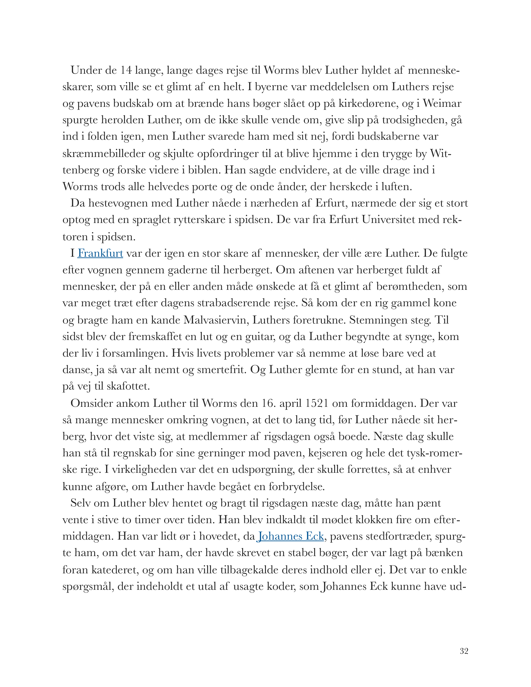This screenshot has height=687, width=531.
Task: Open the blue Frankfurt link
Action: click(100, 253)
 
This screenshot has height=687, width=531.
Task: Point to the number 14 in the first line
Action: click(126, 70)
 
